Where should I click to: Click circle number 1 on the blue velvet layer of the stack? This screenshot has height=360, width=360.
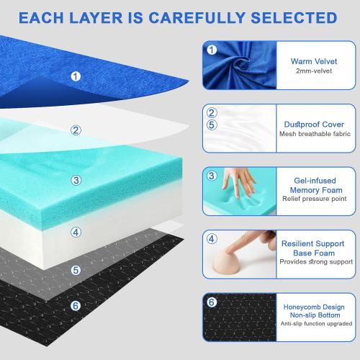tap(76, 75)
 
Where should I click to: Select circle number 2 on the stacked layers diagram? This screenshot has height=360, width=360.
tap(75, 130)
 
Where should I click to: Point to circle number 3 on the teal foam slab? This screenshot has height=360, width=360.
tap(76, 180)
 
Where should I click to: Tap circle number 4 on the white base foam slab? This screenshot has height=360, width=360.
tap(76, 233)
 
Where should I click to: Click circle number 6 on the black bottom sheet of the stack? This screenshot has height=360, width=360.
tap(76, 305)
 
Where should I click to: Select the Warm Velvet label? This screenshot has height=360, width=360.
tap(315, 62)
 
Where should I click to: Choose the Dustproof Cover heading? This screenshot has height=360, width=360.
tap(315, 124)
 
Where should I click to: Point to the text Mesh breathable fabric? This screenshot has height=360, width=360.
tap(315, 135)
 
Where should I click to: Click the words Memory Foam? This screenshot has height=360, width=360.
tap(315, 190)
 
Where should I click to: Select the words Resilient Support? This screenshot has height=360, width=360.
tap(315, 243)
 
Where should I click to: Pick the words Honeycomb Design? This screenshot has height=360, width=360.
tap(315, 305)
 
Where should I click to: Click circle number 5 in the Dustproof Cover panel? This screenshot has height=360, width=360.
tap(212, 124)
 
